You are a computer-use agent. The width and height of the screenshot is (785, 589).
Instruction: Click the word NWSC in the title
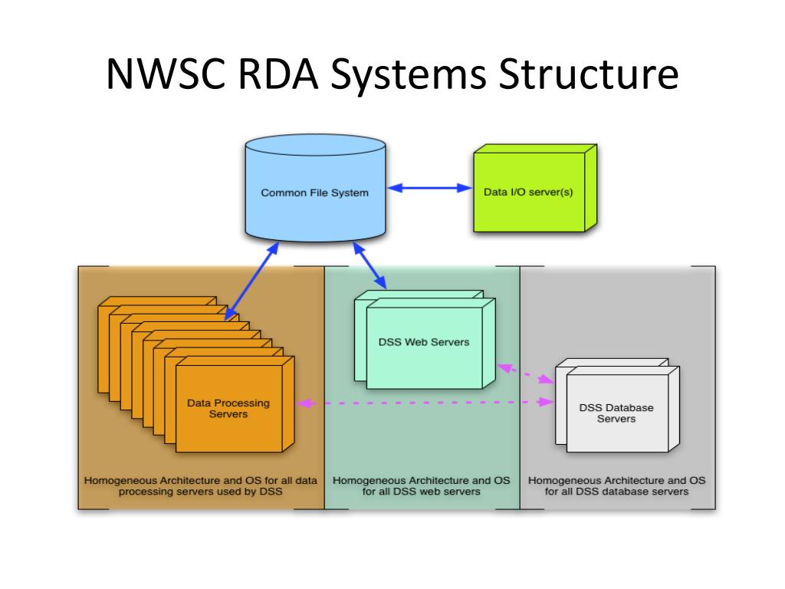click(x=166, y=74)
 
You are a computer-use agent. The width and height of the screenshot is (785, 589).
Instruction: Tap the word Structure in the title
click(x=588, y=74)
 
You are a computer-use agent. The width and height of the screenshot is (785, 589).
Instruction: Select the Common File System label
click(x=314, y=192)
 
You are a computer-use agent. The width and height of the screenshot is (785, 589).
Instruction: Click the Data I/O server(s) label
click(x=528, y=192)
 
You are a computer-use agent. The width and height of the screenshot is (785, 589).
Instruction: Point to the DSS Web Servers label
click(x=423, y=342)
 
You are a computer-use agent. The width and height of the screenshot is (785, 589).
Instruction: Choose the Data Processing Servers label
click(x=228, y=408)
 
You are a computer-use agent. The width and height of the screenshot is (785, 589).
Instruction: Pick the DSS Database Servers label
click(x=616, y=413)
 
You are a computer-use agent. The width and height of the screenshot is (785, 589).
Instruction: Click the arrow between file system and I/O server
click(x=429, y=188)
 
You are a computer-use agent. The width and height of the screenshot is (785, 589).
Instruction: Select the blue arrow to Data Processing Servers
click(x=251, y=281)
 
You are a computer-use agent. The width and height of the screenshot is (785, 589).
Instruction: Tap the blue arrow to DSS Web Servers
click(x=370, y=265)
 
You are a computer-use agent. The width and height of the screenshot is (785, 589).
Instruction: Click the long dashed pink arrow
click(x=425, y=402)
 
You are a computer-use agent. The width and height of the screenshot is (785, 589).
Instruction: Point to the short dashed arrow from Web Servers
click(x=525, y=373)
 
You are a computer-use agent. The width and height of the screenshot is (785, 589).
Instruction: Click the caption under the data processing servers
click(x=200, y=485)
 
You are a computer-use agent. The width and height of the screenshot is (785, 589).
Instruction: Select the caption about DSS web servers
click(x=421, y=485)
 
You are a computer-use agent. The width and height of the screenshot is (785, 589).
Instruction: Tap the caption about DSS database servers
click(x=616, y=485)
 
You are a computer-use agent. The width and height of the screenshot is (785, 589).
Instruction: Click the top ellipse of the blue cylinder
click(x=315, y=145)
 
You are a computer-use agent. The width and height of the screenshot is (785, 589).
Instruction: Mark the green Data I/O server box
click(x=535, y=188)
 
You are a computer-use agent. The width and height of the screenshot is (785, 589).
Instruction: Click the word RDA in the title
click(x=278, y=74)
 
